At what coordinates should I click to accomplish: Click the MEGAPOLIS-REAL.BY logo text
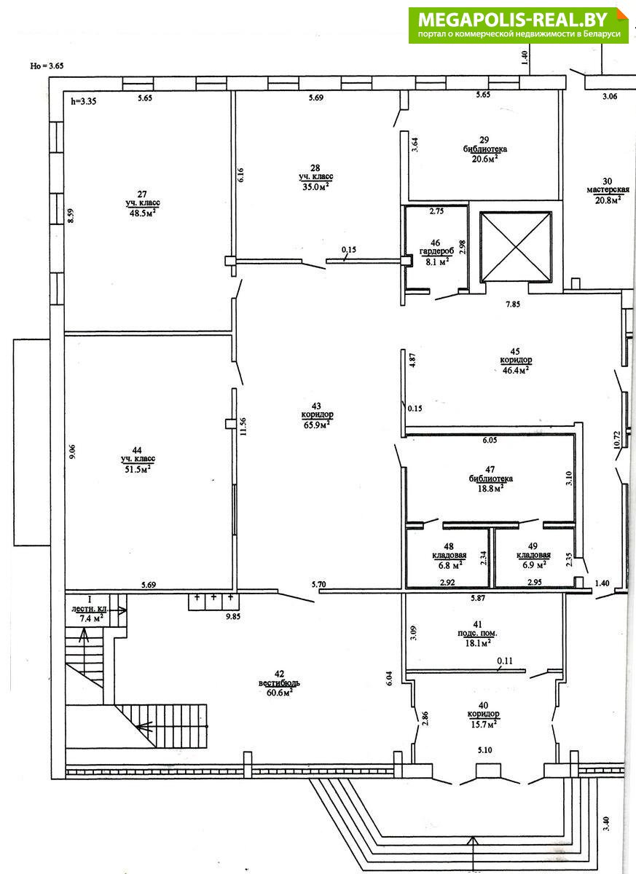[x=513, y=19]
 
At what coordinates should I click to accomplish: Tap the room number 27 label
[x=142, y=194]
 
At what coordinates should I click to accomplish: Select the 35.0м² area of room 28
[x=315, y=186]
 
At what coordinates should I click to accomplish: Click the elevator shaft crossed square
[x=516, y=247]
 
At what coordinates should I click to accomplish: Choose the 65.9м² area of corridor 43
[x=317, y=425]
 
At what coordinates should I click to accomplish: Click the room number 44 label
[x=138, y=450]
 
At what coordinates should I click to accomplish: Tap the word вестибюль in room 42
[x=279, y=683]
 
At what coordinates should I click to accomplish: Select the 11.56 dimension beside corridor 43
[x=243, y=427]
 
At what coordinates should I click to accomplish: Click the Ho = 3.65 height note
[x=47, y=66]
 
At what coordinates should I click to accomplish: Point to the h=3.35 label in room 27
[x=84, y=101]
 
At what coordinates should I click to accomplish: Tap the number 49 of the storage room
[x=533, y=547]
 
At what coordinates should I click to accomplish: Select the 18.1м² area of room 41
[x=477, y=643]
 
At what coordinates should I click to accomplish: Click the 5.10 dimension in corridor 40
[x=484, y=750]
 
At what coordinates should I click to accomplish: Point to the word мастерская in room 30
[x=608, y=189]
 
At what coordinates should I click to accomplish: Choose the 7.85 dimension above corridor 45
[x=513, y=304]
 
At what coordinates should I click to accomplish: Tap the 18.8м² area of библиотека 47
[x=491, y=488]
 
